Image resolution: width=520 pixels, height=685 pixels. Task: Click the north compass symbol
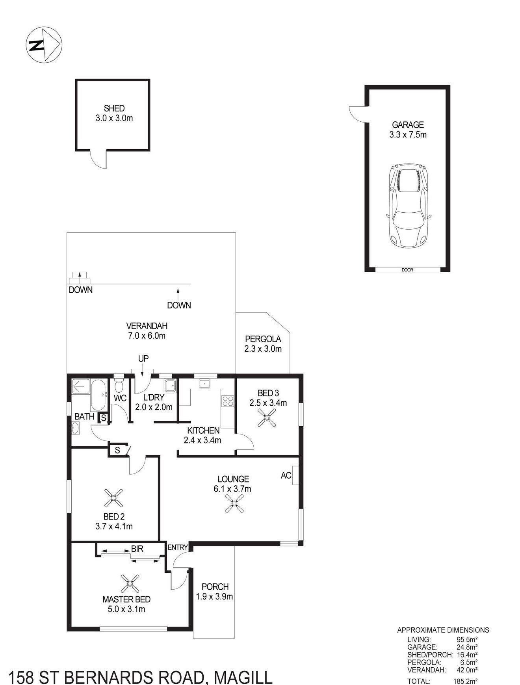click(44, 45)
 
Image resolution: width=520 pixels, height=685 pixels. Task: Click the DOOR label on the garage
click(407, 270)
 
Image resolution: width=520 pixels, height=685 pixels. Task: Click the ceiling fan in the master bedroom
click(130, 584)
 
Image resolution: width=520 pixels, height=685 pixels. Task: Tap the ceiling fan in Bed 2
click(114, 498)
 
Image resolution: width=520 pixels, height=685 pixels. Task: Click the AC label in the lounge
click(286, 475)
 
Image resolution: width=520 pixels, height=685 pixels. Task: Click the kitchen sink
click(205, 384)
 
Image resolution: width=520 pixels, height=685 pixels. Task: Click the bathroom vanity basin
click(76, 428)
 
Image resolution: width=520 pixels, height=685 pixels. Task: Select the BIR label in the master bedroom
click(137, 549)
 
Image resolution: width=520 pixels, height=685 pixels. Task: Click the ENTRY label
click(178, 547)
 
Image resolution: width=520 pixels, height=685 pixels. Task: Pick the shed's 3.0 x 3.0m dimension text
click(114, 118)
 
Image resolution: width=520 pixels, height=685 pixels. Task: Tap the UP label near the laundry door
click(143, 359)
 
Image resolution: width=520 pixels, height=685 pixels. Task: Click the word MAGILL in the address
click(243, 678)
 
